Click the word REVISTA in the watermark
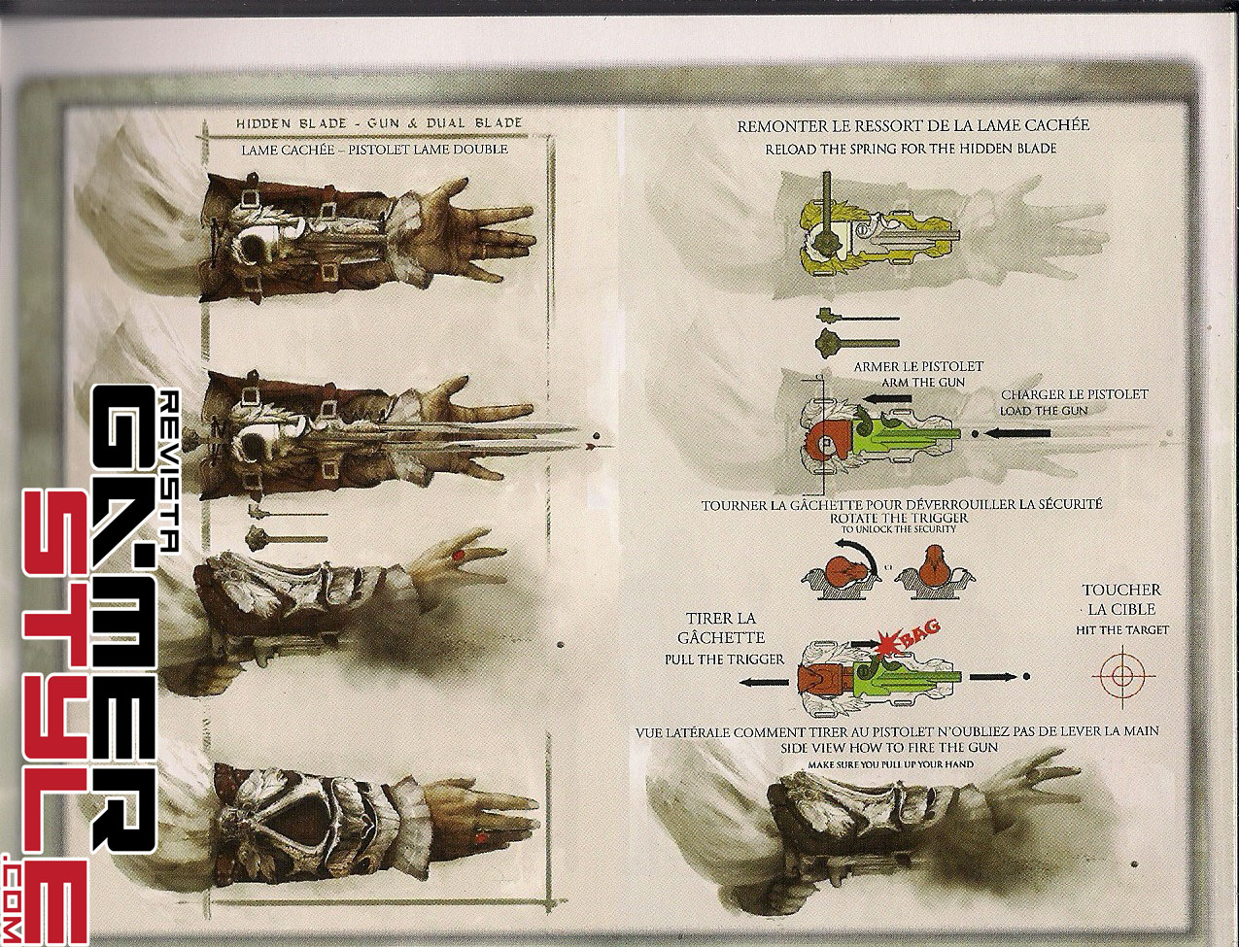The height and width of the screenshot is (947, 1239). pos(168,471)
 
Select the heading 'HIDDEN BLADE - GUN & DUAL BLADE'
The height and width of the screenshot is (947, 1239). pos(379,123)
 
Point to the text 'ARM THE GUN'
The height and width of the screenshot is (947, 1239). pos(917,382)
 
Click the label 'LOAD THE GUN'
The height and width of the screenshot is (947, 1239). pos(1044,411)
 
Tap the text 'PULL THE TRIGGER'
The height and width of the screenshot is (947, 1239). pos(724,660)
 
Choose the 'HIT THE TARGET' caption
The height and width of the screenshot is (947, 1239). pos(1122,630)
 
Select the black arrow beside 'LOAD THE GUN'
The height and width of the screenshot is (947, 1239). pos(1015,433)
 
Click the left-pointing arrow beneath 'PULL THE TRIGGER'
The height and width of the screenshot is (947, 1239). pos(764,683)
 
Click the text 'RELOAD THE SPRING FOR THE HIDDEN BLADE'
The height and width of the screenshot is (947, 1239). pos(911,149)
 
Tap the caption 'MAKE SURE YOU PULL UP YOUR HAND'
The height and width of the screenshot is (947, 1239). pos(891,764)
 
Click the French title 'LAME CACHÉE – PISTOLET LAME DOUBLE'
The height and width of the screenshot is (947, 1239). pos(375,150)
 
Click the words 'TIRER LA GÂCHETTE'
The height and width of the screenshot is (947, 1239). pos(721,627)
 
